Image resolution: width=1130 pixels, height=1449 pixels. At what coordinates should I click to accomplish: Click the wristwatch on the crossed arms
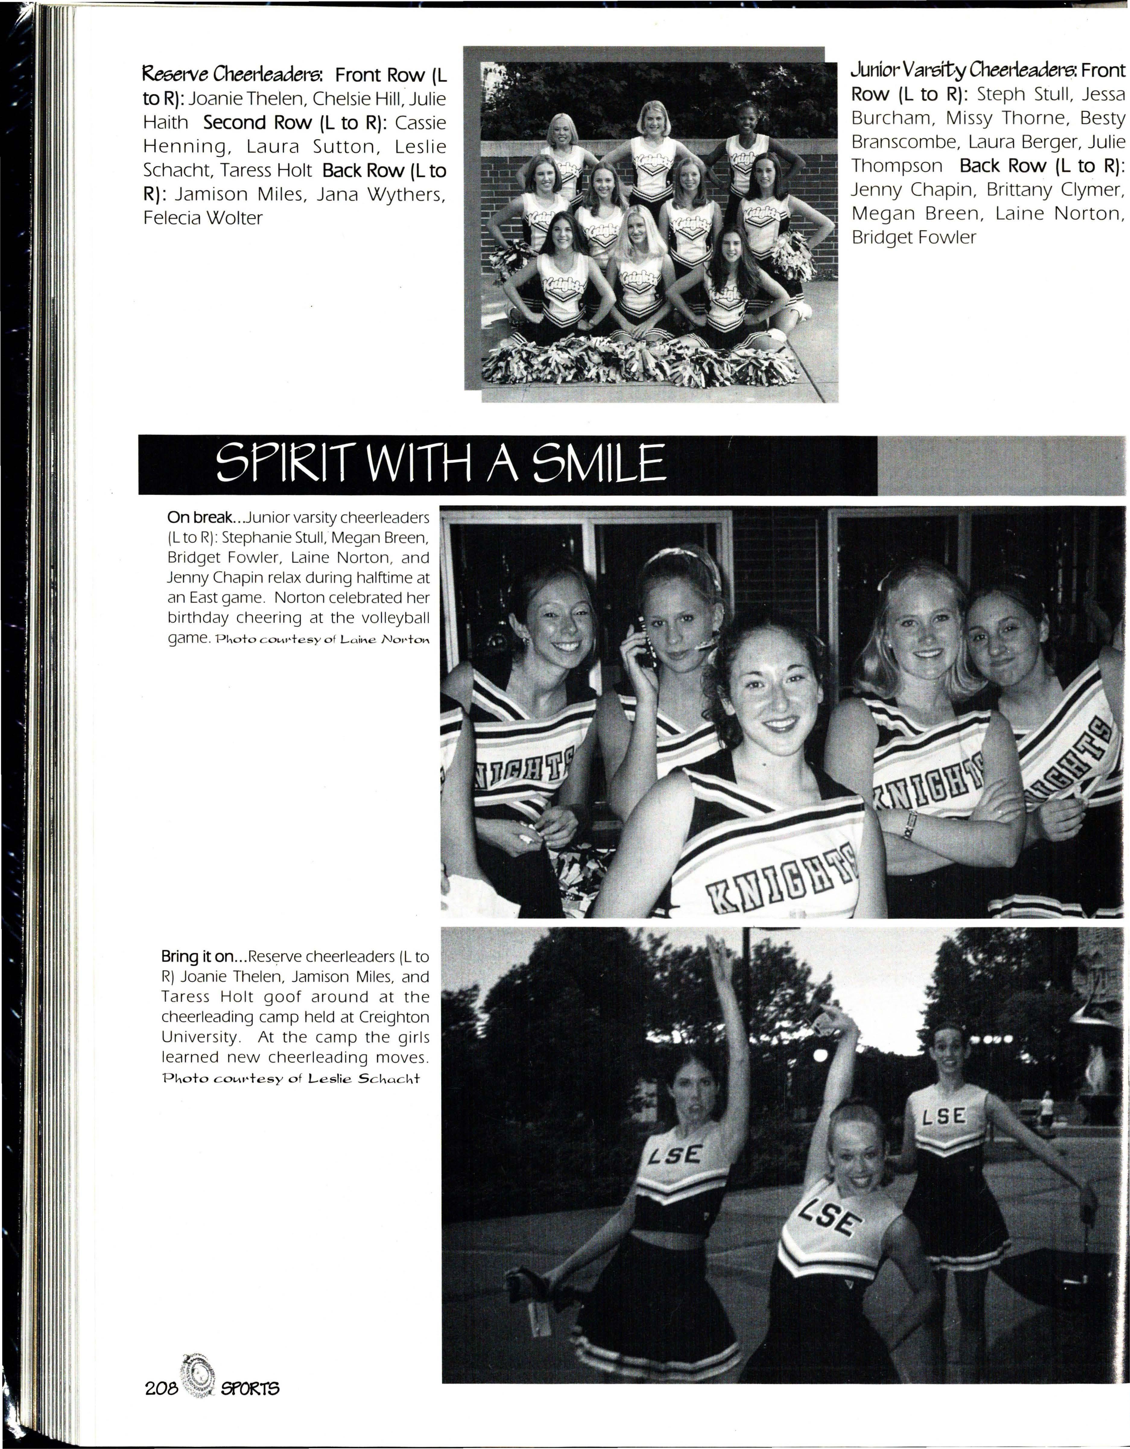pyautogui.click(x=909, y=824)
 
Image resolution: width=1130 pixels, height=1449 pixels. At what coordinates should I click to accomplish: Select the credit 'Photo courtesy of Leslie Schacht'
pyautogui.click(x=291, y=1078)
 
